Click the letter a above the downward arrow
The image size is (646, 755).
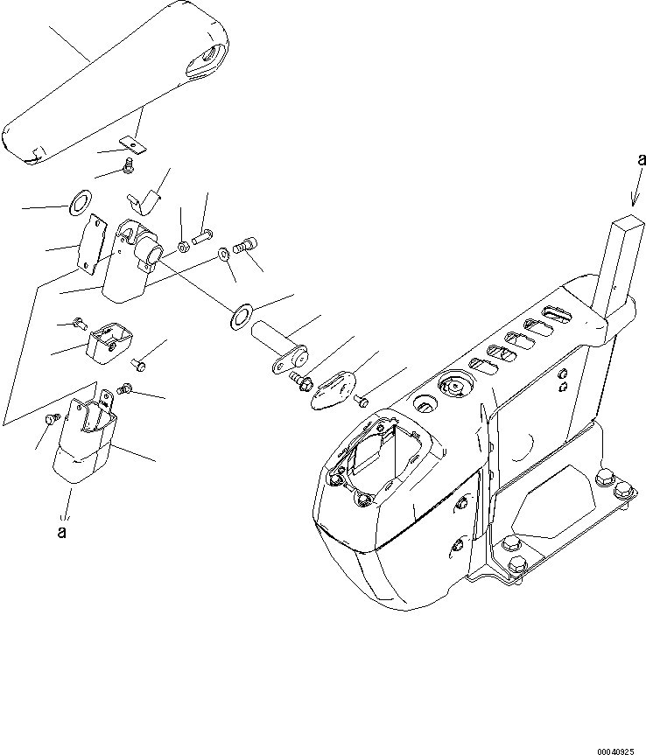point(642,159)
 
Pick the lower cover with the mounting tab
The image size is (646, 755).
point(87,446)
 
